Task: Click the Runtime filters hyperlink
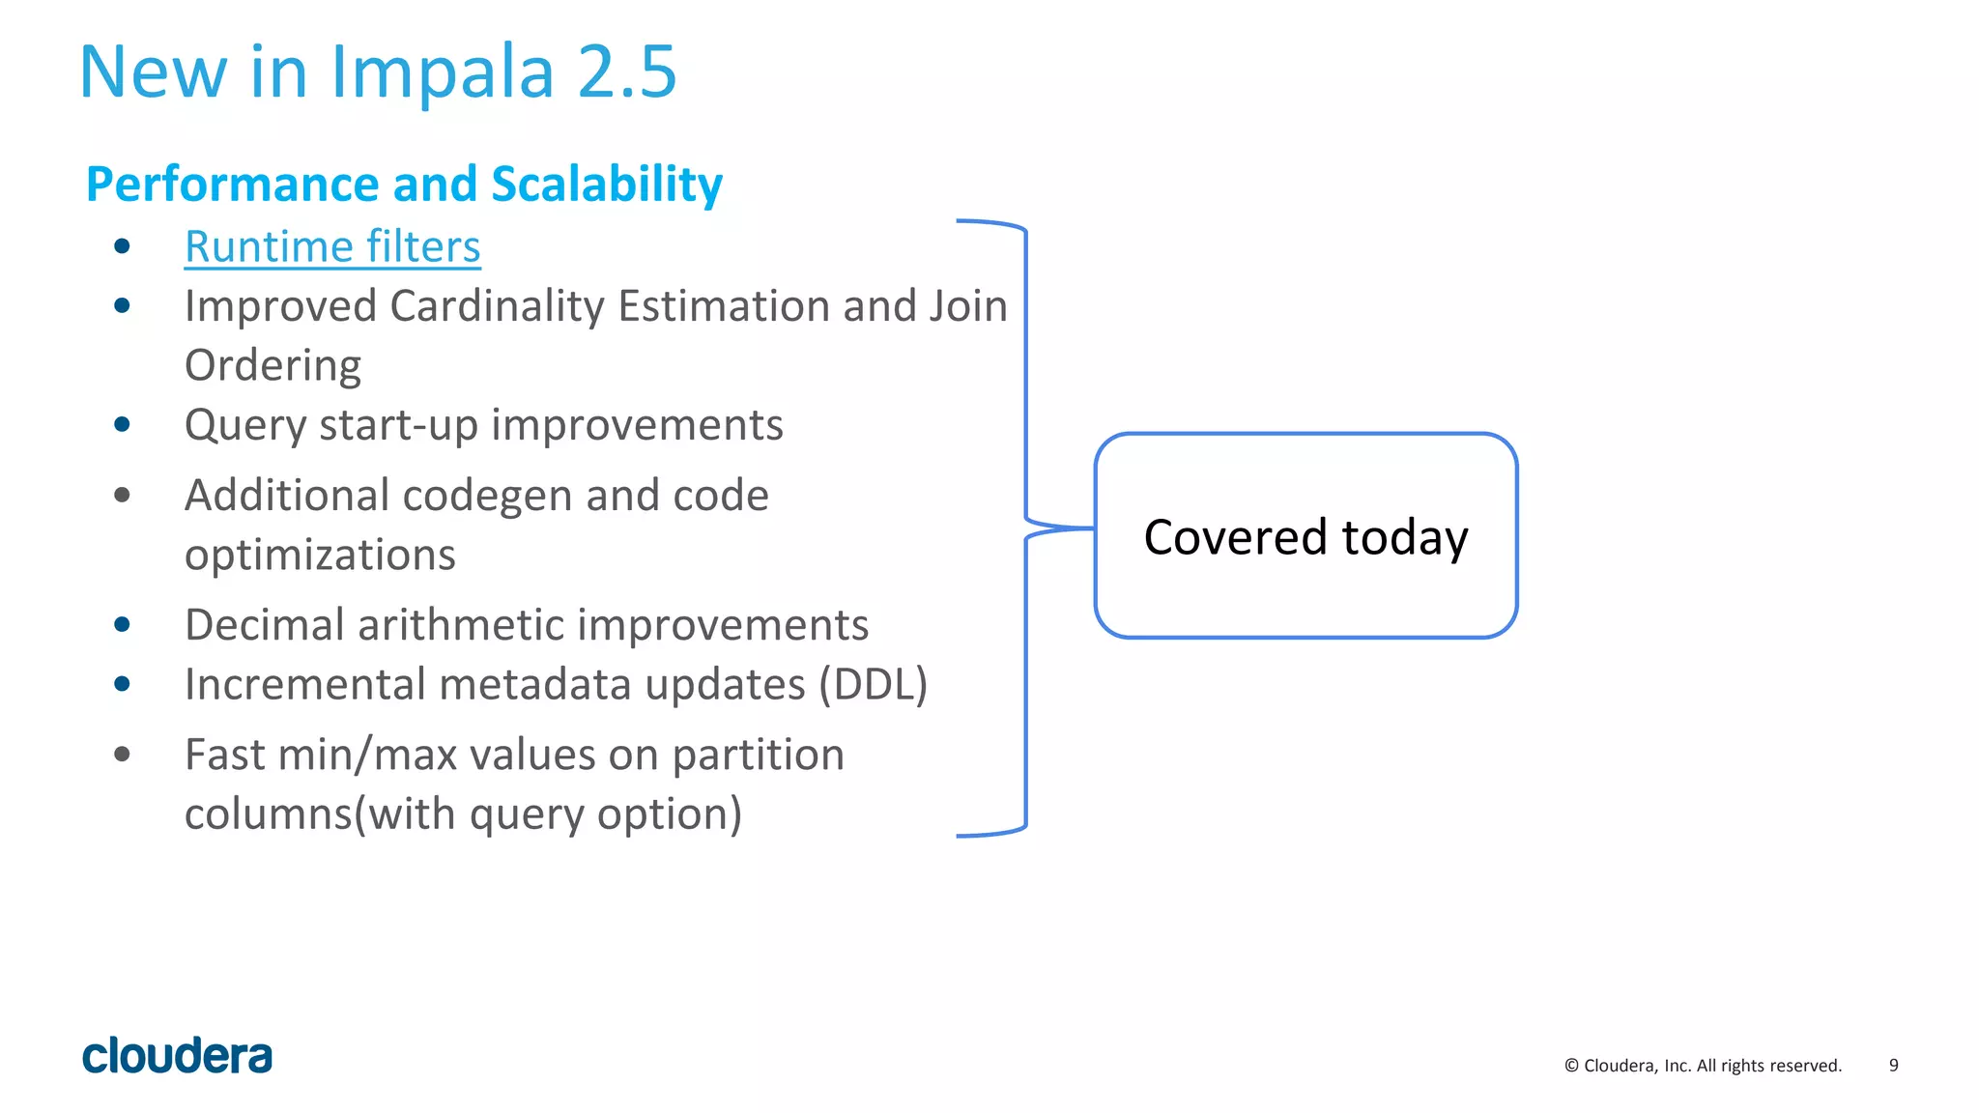click(x=332, y=247)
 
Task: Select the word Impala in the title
click(x=443, y=72)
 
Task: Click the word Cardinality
click(x=498, y=306)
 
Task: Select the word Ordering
click(x=272, y=366)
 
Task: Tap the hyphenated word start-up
click(x=406, y=425)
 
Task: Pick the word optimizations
click(x=320, y=556)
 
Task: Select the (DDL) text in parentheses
click(x=873, y=685)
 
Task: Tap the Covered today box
click(x=1305, y=536)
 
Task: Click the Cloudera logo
click(x=177, y=1056)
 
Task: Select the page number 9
click(x=1893, y=1066)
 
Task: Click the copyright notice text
click(x=1703, y=1066)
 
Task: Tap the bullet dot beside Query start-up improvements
click(x=122, y=425)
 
